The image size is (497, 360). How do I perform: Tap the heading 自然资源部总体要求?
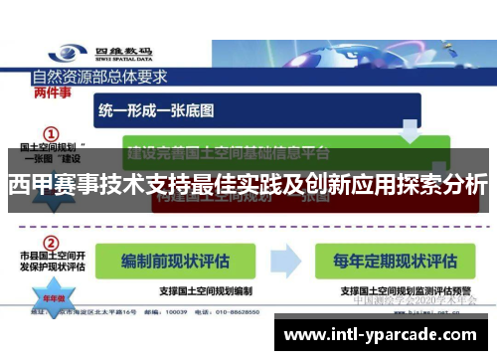pos(99,76)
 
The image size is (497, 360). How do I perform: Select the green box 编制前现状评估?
pos(174,262)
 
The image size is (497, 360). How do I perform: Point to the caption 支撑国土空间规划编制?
pos(175,290)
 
